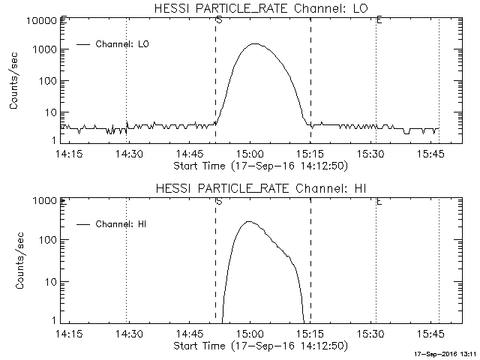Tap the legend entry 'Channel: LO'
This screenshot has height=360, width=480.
123,44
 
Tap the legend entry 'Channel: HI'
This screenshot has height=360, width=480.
123,224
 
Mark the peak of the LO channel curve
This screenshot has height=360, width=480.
254,44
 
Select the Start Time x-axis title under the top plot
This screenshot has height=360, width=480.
259,165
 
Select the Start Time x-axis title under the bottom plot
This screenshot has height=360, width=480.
259,346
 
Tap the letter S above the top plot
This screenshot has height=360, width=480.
218,19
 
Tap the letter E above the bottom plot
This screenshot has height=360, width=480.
379,201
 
